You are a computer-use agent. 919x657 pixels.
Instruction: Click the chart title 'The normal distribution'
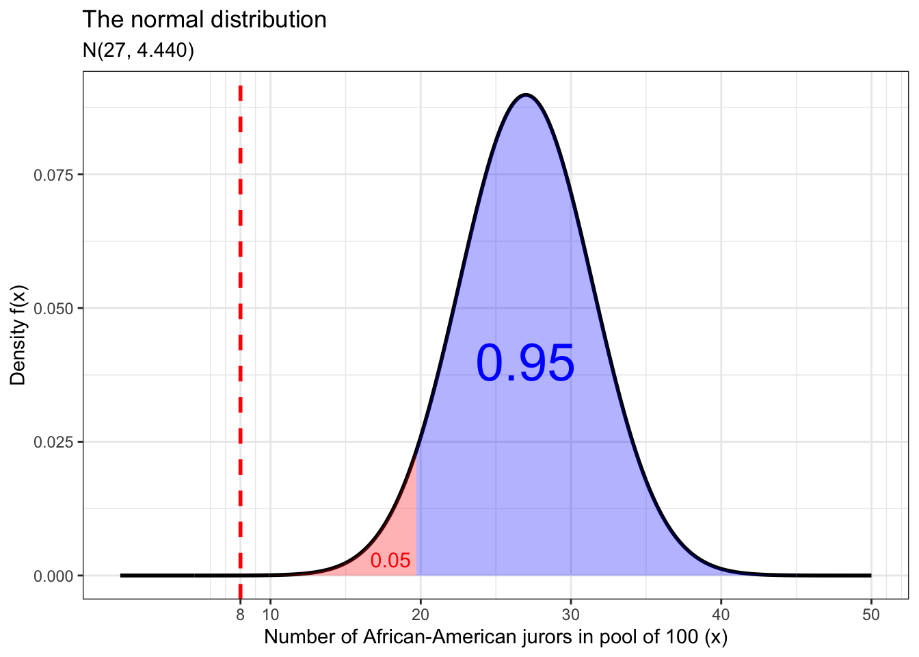204,20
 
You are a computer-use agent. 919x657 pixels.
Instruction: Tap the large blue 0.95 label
525,363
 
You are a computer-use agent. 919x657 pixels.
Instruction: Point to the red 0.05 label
390,561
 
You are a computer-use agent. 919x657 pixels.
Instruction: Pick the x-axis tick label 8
240,615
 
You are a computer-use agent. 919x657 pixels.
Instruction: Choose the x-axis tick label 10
270,615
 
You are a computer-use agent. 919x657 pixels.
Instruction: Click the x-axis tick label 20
421,615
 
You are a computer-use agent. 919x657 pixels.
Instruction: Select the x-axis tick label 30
571,615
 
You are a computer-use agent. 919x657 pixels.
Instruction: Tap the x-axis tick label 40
721,615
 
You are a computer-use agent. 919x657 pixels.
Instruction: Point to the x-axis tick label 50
871,615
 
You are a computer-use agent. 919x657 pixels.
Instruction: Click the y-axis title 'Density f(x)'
18,335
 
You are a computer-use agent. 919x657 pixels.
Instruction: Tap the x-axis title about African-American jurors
496,637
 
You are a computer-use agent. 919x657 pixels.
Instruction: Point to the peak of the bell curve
525,95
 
